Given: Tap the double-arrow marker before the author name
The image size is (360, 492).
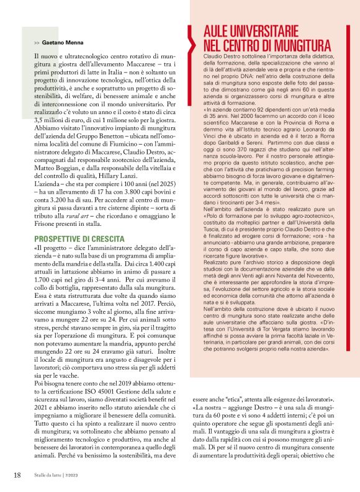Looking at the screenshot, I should pyautogui.click(x=38, y=43).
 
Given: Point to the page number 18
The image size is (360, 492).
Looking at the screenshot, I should pyautogui.click(x=18, y=475).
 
